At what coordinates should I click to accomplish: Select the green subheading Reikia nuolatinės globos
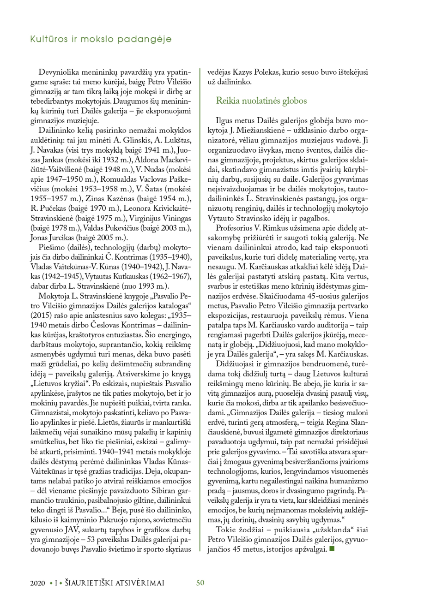tap(261, 100)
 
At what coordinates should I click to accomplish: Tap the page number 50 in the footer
tap(200, 583)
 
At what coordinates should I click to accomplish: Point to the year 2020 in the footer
tap(37, 583)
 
